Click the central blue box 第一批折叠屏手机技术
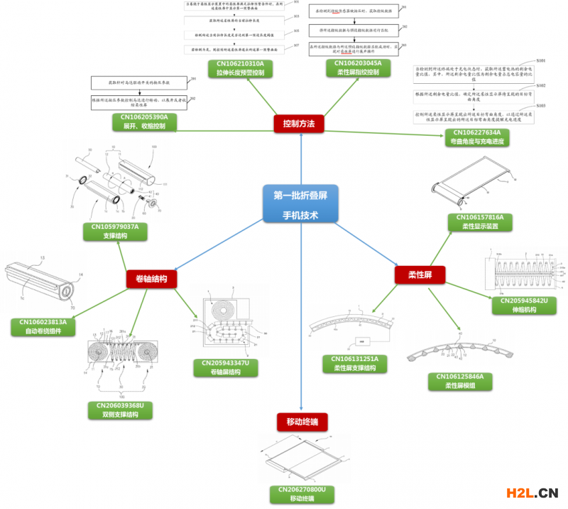[300, 203]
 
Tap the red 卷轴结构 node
[151, 279]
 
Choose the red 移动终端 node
[302, 423]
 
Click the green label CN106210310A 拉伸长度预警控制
[236, 68]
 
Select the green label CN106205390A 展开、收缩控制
[144, 122]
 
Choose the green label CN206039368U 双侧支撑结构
[119, 410]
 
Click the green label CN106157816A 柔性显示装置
[477, 222]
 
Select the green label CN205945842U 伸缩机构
[525, 306]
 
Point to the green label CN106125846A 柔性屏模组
[455, 381]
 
